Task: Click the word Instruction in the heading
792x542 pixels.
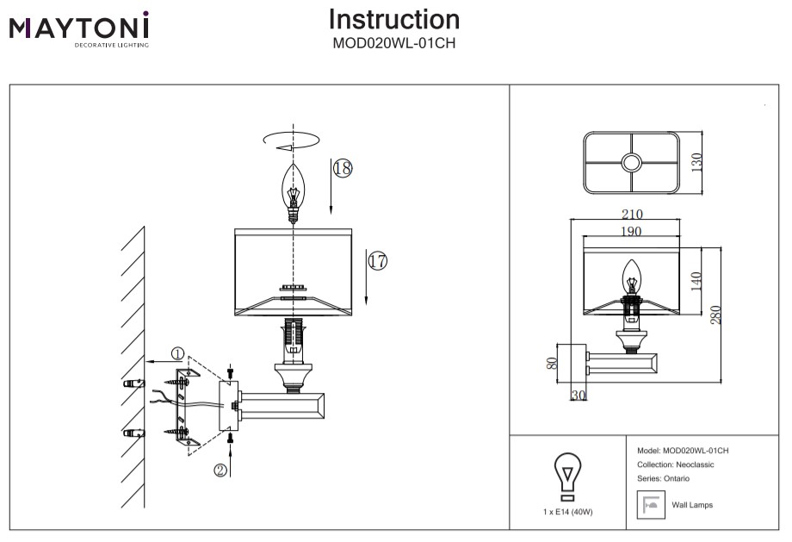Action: click(x=394, y=20)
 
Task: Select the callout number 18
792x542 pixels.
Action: click(x=343, y=168)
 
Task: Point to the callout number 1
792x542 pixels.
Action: click(x=177, y=353)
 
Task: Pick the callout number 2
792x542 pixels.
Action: click(x=221, y=470)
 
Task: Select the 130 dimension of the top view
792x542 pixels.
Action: click(x=697, y=161)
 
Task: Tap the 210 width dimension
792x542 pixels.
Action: click(x=631, y=215)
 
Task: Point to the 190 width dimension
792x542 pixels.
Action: click(x=631, y=231)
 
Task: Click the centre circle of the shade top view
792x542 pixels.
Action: click(x=632, y=162)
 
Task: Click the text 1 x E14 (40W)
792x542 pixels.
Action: click(x=567, y=512)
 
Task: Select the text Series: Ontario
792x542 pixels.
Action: click(x=663, y=478)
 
